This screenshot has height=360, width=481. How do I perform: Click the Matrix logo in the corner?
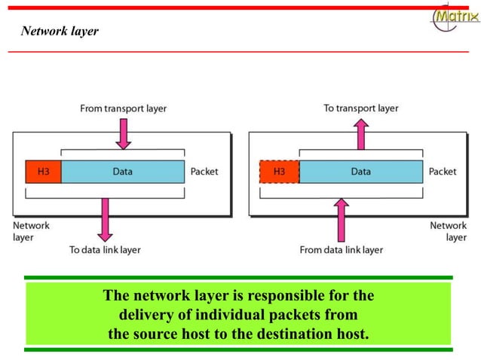pyautogui.click(x=455, y=17)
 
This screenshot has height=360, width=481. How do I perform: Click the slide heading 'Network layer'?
pyautogui.click(x=60, y=32)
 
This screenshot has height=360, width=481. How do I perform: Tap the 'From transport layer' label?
pyautogui.click(x=124, y=108)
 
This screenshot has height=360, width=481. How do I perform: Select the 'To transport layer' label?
pyautogui.click(x=360, y=108)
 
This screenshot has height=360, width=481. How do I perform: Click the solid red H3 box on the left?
pyautogui.click(x=43, y=172)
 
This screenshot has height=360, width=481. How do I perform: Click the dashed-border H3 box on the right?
pyautogui.click(x=279, y=172)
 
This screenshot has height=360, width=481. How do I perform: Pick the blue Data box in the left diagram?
pyautogui.click(x=123, y=172)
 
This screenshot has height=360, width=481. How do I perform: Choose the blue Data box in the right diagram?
pyautogui.click(x=360, y=172)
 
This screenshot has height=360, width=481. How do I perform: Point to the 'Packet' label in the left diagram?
pyautogui.click(x=204, y=172)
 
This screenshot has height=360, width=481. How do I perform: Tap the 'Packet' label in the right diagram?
pyautogui.click(x=443, y=172)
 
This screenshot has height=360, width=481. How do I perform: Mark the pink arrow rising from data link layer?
pyautogui.click(x=342, y=218)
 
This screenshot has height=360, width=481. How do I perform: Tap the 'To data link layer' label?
pyautogui.click(x=105, y=250)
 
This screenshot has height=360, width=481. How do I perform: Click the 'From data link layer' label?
pyautogui.click(x=342, y=250)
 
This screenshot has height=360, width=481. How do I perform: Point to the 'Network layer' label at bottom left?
pyautogui.click(x=32, y=231)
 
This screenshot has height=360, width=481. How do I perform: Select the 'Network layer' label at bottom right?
pyautogui.click(x=449, y=231)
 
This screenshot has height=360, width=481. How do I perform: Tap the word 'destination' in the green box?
pyautogui.click(x=298, y=333)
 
